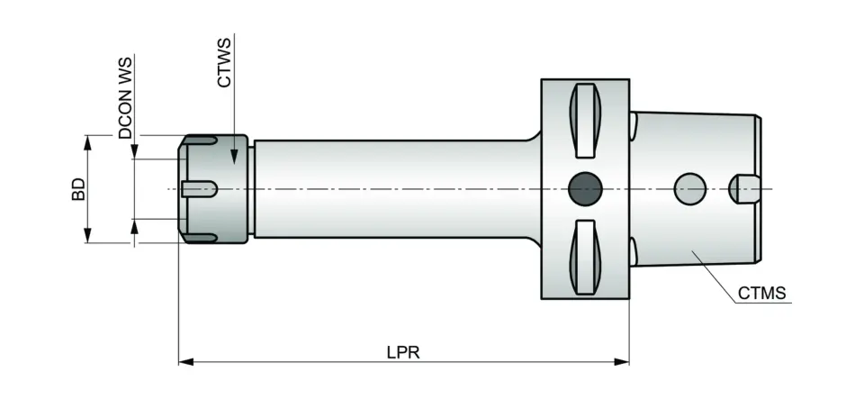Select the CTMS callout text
(x=761, y=294)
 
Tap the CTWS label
(x=225, y=61)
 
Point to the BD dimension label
(x=79, y=188)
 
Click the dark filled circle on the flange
(x=585, y=188)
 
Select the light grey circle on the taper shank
(x=690, y=188)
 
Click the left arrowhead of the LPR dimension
(x=185, y=362)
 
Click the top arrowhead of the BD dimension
(x=88, y=141)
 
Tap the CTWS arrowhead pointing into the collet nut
(x=235, y=159)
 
